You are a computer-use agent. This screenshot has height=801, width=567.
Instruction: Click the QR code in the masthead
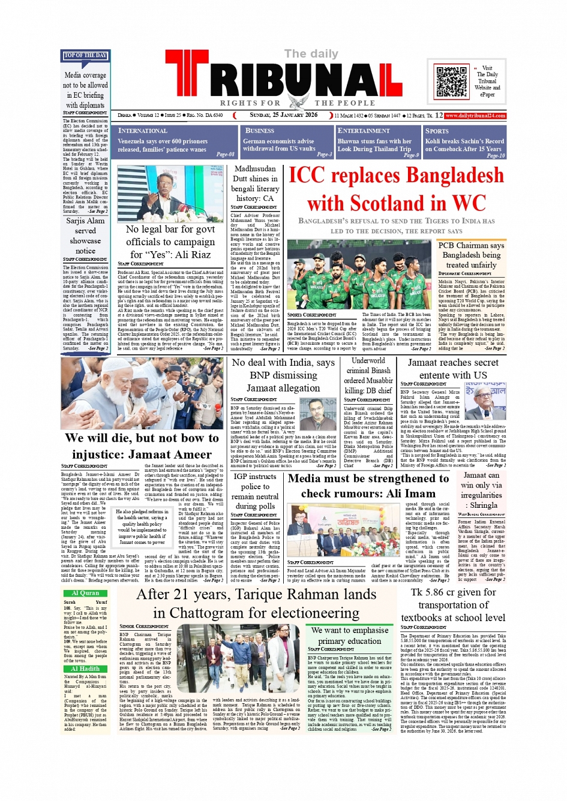point(451,82)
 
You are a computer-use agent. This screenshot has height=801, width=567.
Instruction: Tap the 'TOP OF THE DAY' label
point(85,56)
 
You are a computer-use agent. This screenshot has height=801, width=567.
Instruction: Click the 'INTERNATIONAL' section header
point(143,131)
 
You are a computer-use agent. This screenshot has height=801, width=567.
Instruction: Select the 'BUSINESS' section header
point(259,131)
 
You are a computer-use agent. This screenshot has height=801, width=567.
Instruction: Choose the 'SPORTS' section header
point(437,131)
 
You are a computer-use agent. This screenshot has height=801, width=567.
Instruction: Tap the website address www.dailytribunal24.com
point(475,116)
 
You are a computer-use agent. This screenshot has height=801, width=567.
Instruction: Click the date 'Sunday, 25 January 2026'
point(284,115)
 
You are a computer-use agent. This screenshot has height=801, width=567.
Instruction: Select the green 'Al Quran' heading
point(85,593)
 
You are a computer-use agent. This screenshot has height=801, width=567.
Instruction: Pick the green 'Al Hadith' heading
point(85,668)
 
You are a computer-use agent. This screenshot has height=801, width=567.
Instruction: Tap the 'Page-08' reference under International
point(225,155)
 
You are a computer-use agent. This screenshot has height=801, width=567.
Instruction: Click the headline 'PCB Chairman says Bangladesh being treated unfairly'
point(471,255)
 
